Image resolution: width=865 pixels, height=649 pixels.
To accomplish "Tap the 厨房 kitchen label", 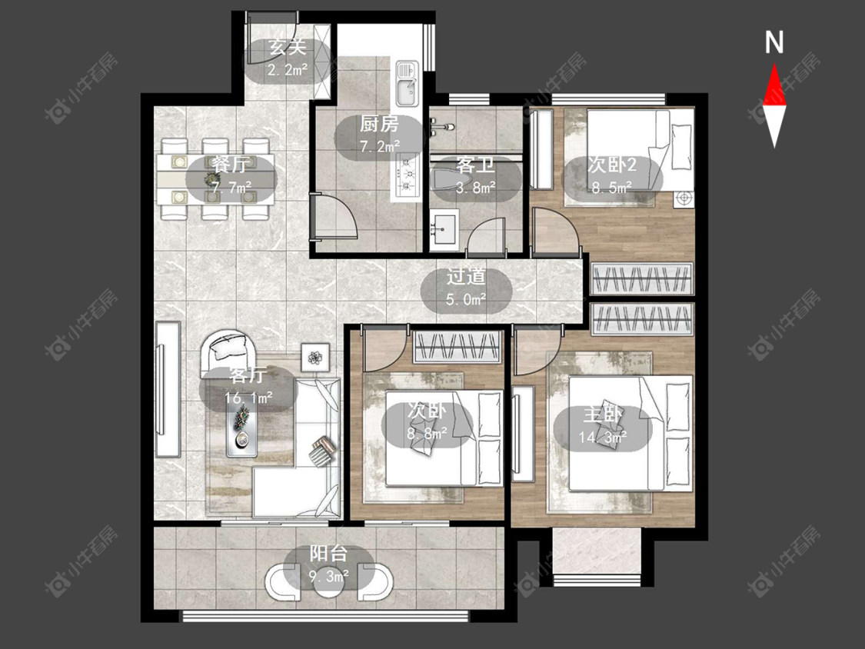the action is coord(379,124).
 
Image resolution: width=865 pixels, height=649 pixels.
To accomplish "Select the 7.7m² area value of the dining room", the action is coord(231,188).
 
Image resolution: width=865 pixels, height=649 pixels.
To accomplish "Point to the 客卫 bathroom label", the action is coord(475,165).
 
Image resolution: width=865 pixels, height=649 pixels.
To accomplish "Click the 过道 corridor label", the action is coord(466,277).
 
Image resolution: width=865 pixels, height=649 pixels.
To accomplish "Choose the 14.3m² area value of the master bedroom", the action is coord(602,438).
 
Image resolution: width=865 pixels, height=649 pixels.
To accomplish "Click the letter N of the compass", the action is coord(774,42).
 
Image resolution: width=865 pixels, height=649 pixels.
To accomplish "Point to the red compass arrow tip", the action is coord(774,65).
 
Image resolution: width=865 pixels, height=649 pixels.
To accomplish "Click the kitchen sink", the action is coord(407,83).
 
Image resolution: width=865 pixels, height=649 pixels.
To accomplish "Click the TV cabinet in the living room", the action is coord(168,389).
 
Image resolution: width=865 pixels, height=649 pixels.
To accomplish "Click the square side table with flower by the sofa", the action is coord(315,358).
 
